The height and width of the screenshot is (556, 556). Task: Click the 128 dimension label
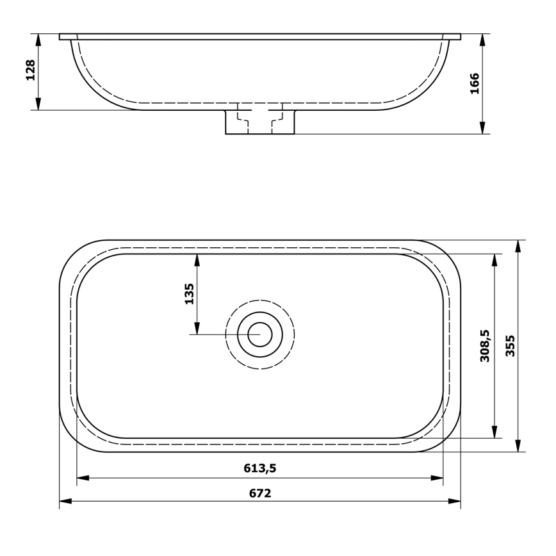(x=29, y=70)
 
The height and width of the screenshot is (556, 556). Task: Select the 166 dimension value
(x=475, y=84)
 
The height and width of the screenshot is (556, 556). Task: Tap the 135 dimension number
(x=189, y=294)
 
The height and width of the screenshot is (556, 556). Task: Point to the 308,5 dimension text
(x=485, y=346)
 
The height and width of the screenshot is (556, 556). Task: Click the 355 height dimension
(x=510, y=346)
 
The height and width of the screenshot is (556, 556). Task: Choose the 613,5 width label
(x=259, y=468)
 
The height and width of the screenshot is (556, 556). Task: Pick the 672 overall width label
(x=259, y=493)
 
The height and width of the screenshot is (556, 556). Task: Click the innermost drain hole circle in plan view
(x=259, y=334)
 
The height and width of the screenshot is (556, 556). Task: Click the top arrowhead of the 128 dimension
(x=38, y=39)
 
